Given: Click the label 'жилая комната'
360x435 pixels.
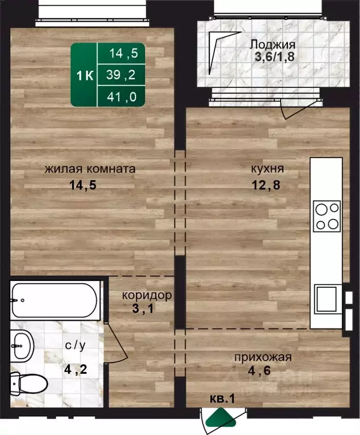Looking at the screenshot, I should tap(90, 169).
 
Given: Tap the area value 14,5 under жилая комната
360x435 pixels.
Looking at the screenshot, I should tap(90, 184).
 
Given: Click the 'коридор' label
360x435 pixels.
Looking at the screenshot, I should tap(147, 296).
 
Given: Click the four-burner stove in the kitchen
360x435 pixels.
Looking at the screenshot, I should tap(327, 216).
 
